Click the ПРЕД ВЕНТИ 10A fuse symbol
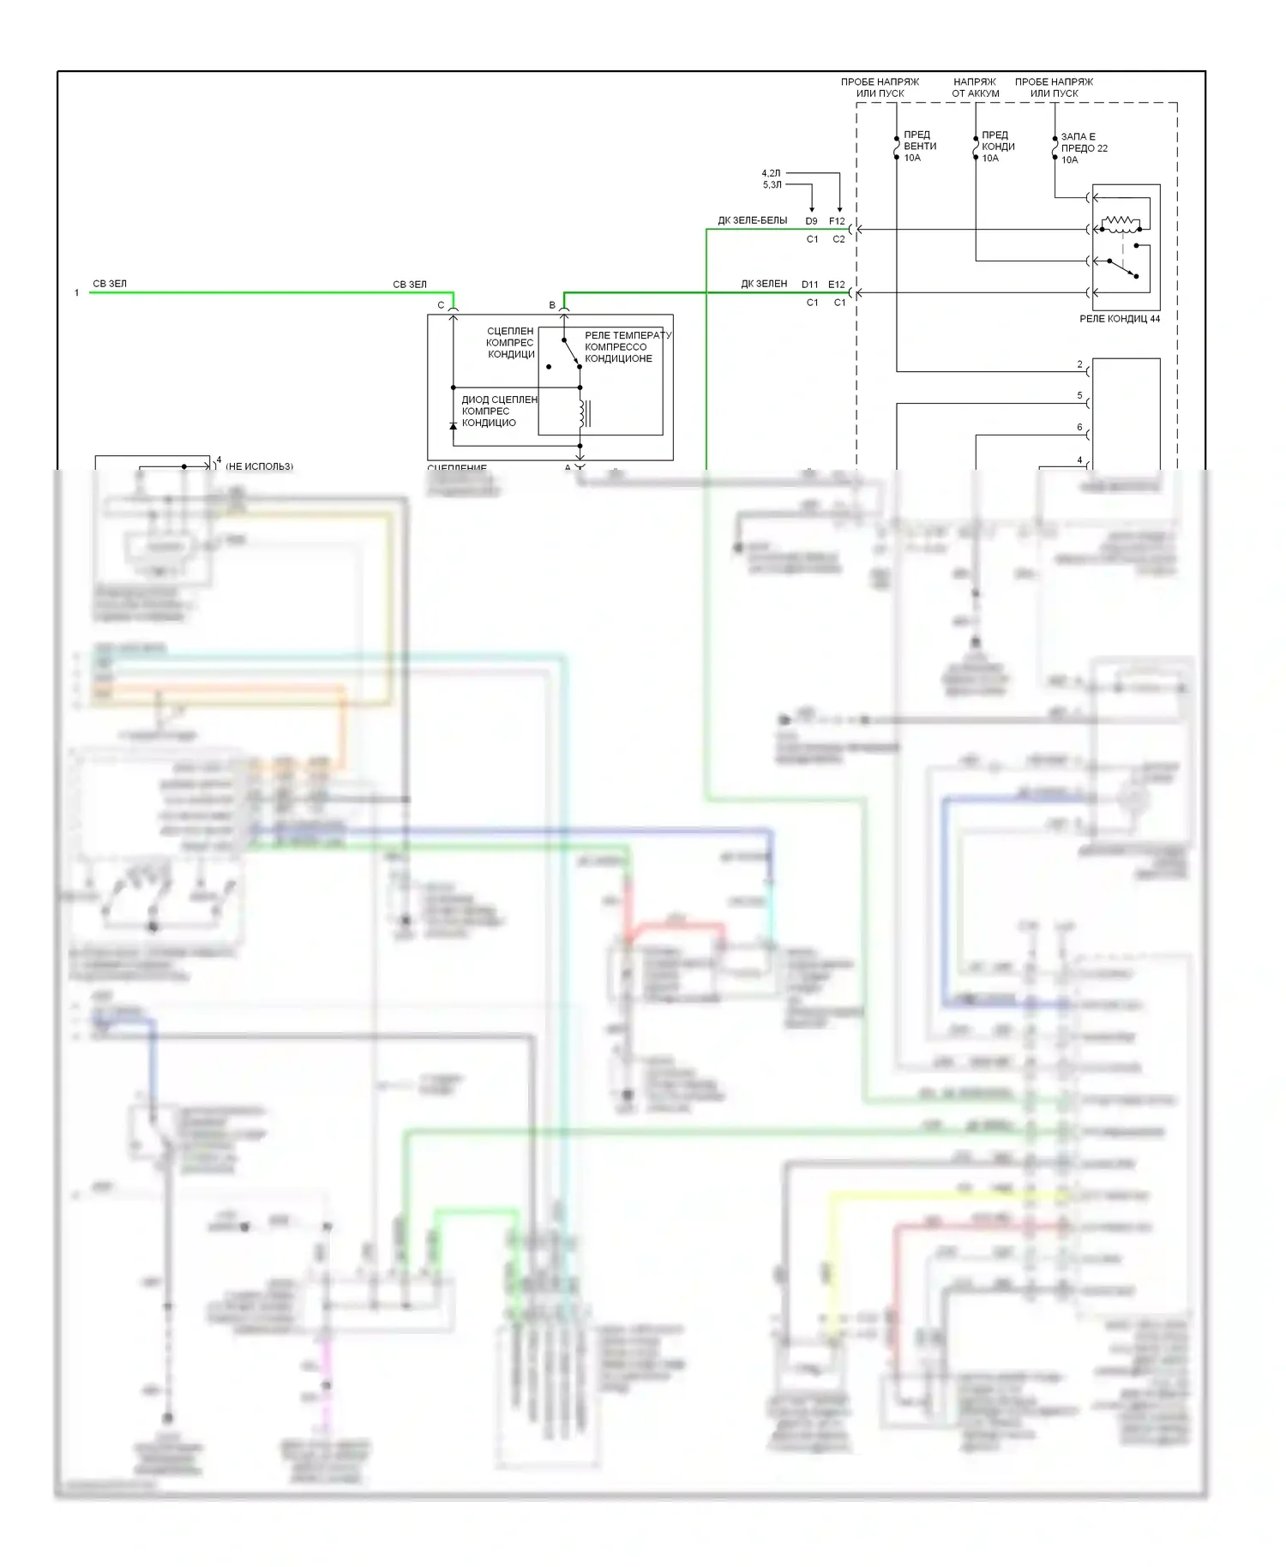(897, 147)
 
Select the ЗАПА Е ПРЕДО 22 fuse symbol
(1055, 148)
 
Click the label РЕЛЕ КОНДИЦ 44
(1119, 319)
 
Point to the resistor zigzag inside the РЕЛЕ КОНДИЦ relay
(1121, 224)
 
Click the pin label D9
(811, 221)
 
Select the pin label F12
(837, 221)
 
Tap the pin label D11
(810, 285)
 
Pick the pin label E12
(837, 285)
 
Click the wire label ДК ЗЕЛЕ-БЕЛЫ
(752, 220)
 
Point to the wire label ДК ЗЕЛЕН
(764, 284)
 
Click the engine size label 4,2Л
(772, 173)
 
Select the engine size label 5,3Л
(772, 184)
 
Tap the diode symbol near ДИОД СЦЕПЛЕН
(454, 425)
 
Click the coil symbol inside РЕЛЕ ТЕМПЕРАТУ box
(583, 414)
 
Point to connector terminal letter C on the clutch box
(441, 305)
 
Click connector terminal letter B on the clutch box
(552, 305)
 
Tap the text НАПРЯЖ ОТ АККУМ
(975, 87)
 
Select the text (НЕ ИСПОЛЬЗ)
(259, 466)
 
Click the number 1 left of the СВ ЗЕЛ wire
(76, 293)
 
